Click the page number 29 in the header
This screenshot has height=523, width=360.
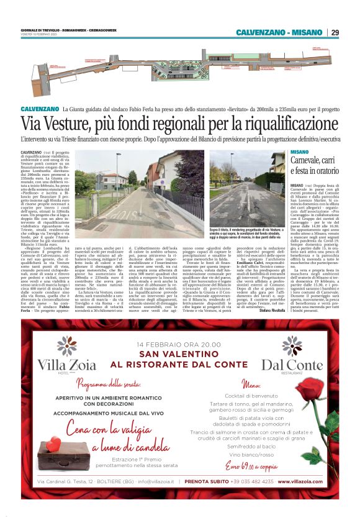click(x=335, y=32)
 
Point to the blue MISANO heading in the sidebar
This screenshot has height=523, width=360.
click(x=299, y=152)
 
